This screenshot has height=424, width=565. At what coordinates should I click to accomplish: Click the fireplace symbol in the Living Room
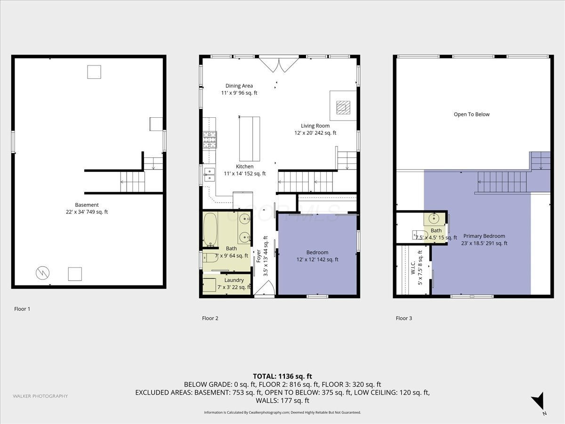coord(343,107)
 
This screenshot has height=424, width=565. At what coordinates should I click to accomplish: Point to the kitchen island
coord(250,139)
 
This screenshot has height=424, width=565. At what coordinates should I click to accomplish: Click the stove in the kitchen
coord(209,139)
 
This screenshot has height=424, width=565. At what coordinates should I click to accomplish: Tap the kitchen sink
coord(209,174)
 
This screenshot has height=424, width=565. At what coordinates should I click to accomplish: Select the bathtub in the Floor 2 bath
coord(210,230)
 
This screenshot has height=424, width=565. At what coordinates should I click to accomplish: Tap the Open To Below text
coord(471,114)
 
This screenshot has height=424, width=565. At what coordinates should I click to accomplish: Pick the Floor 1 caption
coord(22,309)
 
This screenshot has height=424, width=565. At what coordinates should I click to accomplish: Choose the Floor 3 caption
coord(404,318)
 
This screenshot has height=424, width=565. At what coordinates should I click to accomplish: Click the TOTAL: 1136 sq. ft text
coord(282,376)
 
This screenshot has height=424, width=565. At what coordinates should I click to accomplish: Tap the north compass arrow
coord(538,401)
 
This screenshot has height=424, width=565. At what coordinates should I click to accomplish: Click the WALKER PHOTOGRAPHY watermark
coord(40,396)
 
